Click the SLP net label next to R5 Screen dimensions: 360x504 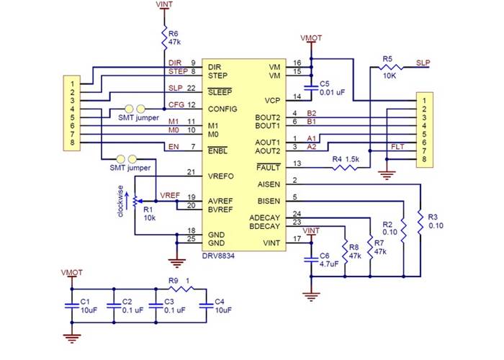click(x=423, y=63)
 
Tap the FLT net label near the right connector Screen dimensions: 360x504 click(x=397, y=146)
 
